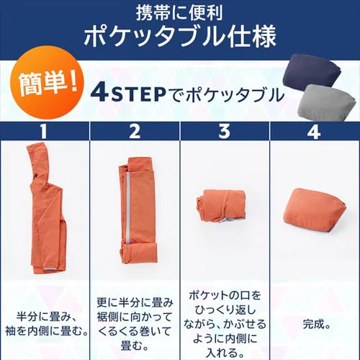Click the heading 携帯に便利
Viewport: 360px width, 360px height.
click(179, 12)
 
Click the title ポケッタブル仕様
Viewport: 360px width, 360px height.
click(179, 37)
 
